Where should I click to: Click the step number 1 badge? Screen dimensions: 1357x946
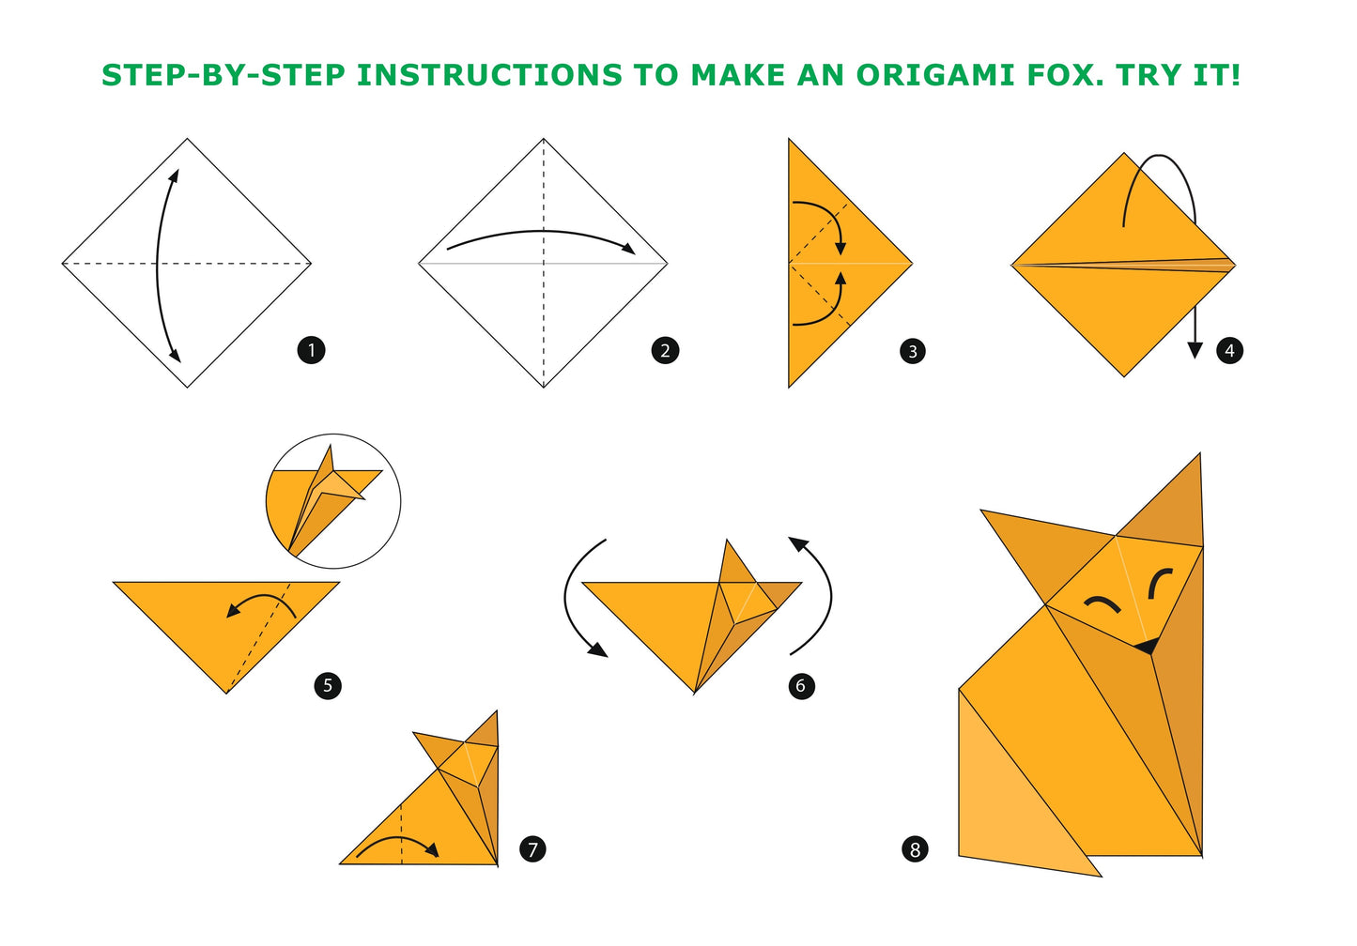tap(312, 351)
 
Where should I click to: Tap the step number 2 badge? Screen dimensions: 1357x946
tap(665, 351)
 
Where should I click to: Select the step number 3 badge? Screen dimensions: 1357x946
tap(913, 352)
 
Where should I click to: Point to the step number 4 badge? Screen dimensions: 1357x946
tap(1229, 351)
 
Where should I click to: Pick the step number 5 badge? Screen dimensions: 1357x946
tap(328, 686)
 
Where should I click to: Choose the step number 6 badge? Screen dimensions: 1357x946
tap(801, 686)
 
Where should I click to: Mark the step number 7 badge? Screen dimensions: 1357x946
tap(532, 849)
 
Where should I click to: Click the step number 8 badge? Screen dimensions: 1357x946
tap(915, 849)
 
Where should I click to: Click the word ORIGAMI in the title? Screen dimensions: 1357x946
tap(934, 75)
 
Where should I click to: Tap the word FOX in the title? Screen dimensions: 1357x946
tap(1066, 75)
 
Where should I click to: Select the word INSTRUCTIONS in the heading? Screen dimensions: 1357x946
tap(489, 75)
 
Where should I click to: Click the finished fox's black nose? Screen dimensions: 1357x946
tap(1148, 645)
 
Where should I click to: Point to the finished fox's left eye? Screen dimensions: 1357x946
tap(1103, 604)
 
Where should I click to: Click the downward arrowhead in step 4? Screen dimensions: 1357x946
tap(1195, 350)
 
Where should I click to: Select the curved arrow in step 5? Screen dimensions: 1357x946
tap(260, 599)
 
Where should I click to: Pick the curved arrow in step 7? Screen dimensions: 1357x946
tap(397, 838)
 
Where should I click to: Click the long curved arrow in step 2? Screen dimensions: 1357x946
tap(542, 231)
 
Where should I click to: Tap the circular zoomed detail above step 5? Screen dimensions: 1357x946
tap(333, 501)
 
